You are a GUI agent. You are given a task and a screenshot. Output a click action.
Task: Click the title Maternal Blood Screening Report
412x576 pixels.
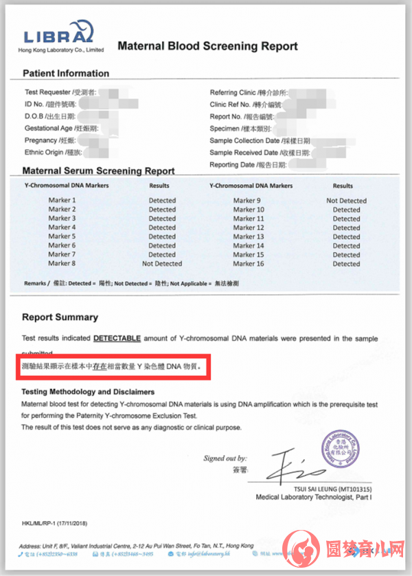pyautogui.click(x=207, y=47)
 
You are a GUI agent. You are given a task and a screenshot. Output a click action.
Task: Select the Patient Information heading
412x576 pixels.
pyautogui.click(x=66, y=74)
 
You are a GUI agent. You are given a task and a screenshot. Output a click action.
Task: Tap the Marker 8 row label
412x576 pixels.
pyautogui.click(x=62, y=263)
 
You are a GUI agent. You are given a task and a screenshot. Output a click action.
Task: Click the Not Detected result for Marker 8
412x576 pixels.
pyautogui.click(x=162, y=263)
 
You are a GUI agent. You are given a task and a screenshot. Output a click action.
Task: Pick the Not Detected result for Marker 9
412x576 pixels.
pyautogui.click(x=346, y=201)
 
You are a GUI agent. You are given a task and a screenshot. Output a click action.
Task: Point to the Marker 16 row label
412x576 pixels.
pyautogui.click(x=249, y=263)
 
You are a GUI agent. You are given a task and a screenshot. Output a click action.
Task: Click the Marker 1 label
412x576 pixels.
pyautogui.click(x=62, y=200)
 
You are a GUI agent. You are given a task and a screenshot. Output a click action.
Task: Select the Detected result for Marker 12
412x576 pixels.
pyautogui.click(x=346, y=228)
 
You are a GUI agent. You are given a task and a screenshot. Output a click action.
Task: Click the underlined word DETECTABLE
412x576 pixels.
pyautogui.click(x=117, y=339)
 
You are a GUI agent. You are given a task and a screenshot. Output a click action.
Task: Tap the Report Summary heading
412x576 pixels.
pyautogui.click(x=60, y=318)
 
